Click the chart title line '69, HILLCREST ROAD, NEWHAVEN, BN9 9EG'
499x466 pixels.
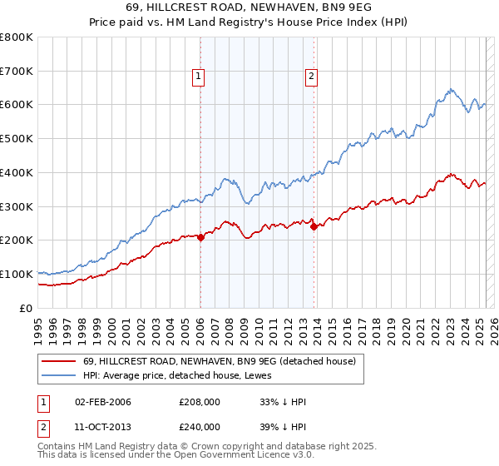pos(249,8)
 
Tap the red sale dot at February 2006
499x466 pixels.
pos(200,237)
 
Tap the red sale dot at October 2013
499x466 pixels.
pos(314,226)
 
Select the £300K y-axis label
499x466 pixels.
pos(17,206)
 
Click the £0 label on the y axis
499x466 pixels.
pos(26,308)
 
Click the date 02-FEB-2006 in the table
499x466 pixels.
pos(103,402)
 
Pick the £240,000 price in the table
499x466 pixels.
pos(199,426)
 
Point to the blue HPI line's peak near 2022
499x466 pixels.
pos(449,89)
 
